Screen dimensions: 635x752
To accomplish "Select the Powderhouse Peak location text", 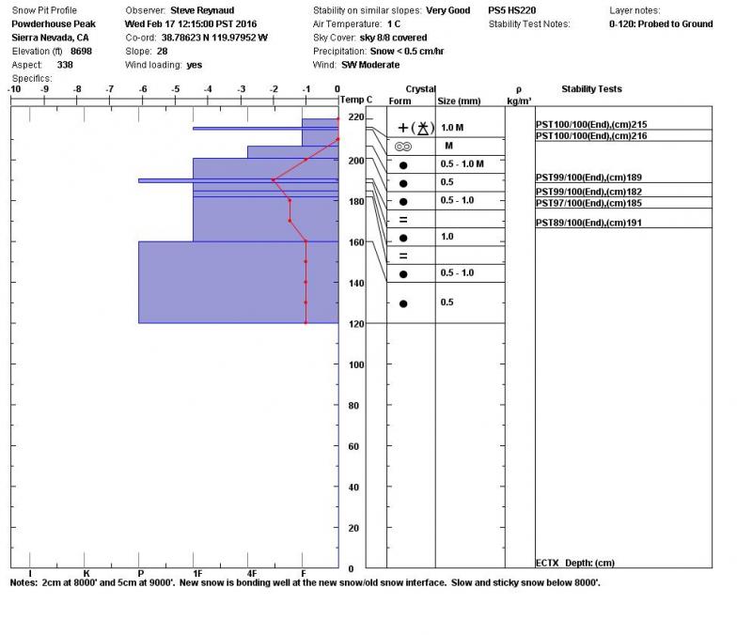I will (53, 23).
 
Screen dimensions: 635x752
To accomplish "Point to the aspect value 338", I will (65, 65).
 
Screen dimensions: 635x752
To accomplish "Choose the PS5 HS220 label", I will (512, 9).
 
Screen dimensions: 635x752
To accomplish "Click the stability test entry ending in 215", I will (591, 124).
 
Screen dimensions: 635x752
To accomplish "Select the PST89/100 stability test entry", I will (591, 223).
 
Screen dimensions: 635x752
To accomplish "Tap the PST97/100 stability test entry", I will (591, 203).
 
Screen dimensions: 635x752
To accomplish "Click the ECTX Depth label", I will (574, 563).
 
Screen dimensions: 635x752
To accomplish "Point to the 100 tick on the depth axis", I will (355, 364).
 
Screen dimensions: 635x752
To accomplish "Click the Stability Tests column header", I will (591, 89).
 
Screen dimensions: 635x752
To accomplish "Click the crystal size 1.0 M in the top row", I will (452, 127).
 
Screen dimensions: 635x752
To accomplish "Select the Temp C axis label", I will (356, 100).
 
